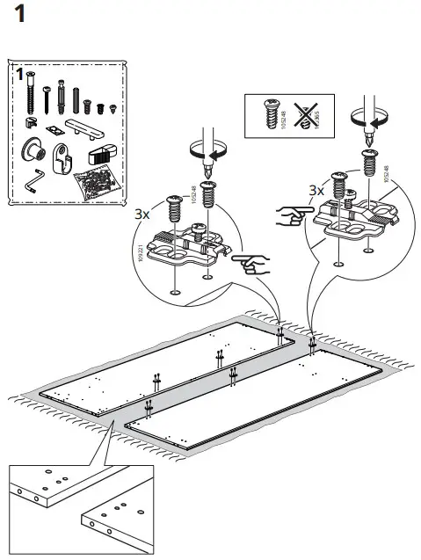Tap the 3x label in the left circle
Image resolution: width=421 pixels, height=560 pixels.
[142, 214]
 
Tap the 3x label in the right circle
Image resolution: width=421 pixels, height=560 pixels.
[316, 189]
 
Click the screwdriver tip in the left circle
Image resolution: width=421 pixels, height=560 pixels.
[208, 167]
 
